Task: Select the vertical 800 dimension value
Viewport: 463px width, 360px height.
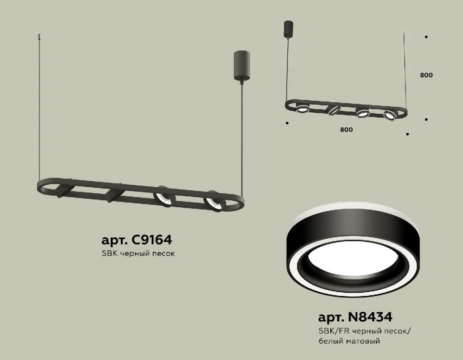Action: click(x=426, y=75)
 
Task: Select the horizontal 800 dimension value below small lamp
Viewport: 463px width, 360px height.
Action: click(x=347, y=129)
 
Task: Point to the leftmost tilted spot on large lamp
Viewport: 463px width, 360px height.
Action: click(x=62, y=191)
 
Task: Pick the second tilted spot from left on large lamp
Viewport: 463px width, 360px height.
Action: click(x=115, y=195)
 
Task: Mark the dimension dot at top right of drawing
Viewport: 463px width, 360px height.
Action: click(x=426, y=37)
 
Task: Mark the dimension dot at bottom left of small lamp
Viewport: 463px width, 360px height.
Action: click(x=286, y=123)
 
